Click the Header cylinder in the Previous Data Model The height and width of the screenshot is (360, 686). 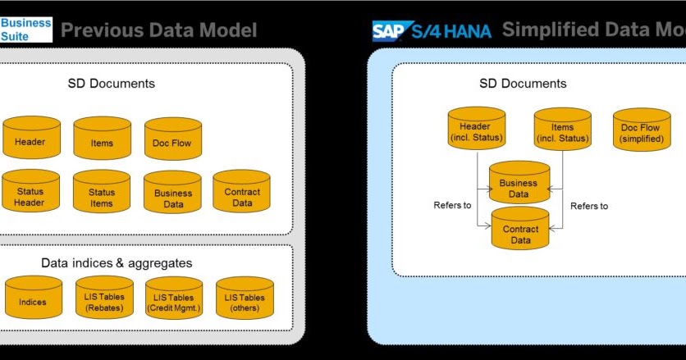click(x=31, y=139)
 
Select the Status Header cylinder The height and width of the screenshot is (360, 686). click(x=31, y=192)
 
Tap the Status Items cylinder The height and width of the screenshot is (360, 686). click(x=102, y=192)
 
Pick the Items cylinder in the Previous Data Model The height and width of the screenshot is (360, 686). click(x=102, y=139)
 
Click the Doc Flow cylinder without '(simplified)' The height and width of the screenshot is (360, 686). click(x=172, y=139)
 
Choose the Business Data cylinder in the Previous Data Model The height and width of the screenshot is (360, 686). click(x=172, y=194)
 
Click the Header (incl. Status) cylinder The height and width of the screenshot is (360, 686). click(x=475, y=130)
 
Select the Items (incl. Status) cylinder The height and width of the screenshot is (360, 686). click(x=562, y=130)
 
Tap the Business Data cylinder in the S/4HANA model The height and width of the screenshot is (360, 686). click(x=519, y=185)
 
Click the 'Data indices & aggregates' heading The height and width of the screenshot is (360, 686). click(x=117, y=262)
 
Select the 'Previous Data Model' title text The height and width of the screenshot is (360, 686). click(x=159, y=31)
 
